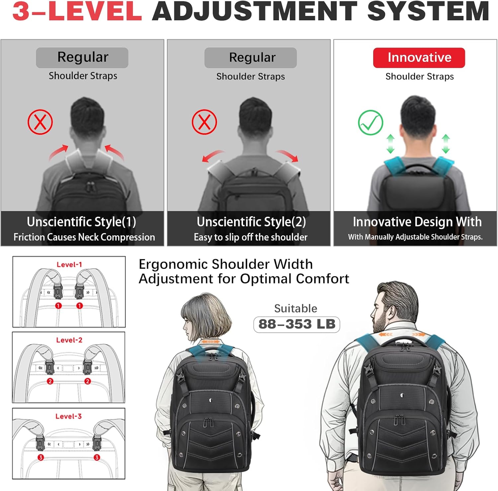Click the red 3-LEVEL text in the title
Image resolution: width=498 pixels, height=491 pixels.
pos(77,12)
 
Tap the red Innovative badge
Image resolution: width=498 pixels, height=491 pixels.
pos(419,58)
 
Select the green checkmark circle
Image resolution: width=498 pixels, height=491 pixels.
pos(371,123)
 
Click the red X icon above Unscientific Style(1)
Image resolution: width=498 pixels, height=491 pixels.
pos(40,122)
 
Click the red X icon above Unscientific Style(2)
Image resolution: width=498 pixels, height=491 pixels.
pos(204,122)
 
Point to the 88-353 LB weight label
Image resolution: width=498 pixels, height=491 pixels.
pos(296,324)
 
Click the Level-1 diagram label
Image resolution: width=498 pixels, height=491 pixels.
pos(69,265)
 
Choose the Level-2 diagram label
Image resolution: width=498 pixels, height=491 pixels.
pos(69,340)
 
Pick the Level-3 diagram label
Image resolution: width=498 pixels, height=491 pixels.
pos(68,416)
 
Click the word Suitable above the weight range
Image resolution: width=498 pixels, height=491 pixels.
pos(295,308)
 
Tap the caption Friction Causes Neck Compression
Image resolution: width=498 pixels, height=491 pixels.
pos(84,237)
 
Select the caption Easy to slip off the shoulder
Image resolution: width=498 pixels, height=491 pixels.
pos(250,237)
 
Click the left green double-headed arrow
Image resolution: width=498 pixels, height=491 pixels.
pos(390,144)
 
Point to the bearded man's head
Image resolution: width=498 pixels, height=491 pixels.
pos(395,306)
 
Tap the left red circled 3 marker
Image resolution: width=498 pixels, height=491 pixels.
pos(41,457)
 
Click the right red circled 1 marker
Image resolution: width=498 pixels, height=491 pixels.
pos(79,306)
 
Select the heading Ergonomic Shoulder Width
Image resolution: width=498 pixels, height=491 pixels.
pos(226,264)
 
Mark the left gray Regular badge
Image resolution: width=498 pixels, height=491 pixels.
pos(82,58)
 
